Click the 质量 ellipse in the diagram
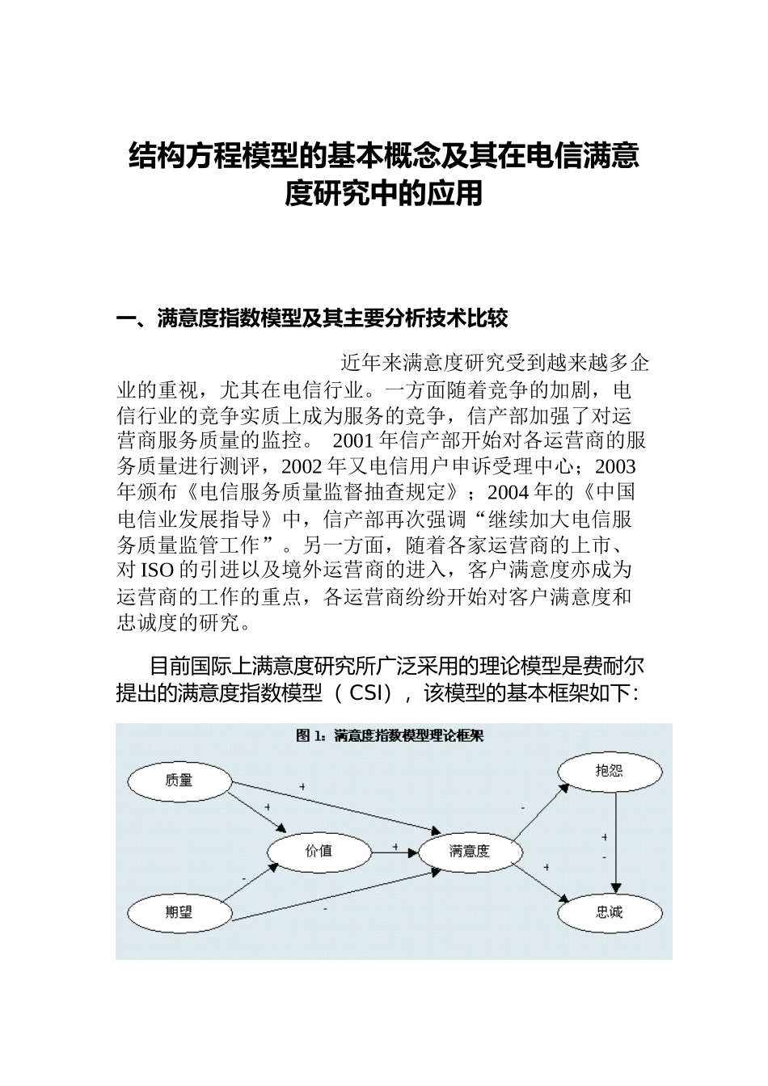click(x=179, y=781)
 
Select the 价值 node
click(x=319, y=851)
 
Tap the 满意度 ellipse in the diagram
click(x=470, y=851)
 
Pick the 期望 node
click(x=179, y=912)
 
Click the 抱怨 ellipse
click(x=609, y=771)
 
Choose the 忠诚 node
click(x=610, y=912)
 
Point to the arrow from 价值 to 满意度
click(x=395, y=852)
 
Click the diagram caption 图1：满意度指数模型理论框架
click(x=390, y=735)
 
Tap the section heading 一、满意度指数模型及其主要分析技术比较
click(x=312, y=319)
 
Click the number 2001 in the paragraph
click(x=352, y=441)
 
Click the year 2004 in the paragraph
click(x=509, y=493)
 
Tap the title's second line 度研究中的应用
click(x=383, y=194)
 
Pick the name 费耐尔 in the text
click(x=614, y=667)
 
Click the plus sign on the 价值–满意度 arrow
click(x=395, y=846)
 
